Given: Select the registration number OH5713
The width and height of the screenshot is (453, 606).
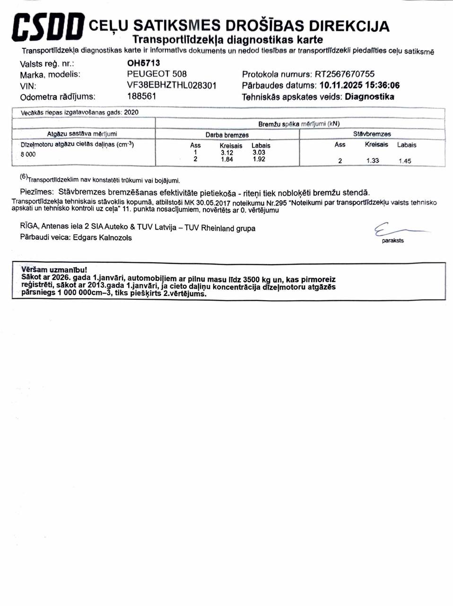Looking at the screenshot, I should point(144,63).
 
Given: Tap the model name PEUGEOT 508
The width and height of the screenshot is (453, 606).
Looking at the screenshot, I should point(157,74).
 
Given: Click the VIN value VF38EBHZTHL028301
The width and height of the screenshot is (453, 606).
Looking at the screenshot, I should point(172,85).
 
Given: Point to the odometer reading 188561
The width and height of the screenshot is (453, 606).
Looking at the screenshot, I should point(142,96).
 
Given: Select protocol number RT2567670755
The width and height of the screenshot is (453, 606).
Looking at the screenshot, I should point(345,74).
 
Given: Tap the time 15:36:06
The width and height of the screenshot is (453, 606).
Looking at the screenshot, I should point(381,85).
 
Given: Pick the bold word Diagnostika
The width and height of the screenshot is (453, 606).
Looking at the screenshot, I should point(369,97).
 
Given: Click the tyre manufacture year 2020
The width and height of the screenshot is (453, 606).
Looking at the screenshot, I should point(131,112).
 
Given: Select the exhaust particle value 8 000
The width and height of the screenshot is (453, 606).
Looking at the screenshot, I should point(28,154).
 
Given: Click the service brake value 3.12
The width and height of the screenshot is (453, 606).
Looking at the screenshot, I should point(227,152).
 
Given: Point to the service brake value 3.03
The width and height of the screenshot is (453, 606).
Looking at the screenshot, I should point(259,152).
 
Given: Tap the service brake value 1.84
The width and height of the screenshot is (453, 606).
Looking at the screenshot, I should point(227,160).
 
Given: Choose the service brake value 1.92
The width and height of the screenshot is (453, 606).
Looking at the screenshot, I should point(259,160).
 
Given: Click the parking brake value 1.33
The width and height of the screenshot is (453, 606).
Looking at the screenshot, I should point(373,160).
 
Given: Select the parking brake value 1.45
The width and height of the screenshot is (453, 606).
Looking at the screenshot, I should point(405,161).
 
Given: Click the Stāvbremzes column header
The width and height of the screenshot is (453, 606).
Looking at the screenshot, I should point(372,134).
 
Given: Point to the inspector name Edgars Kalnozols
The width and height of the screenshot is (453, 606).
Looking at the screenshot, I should point(102,238).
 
